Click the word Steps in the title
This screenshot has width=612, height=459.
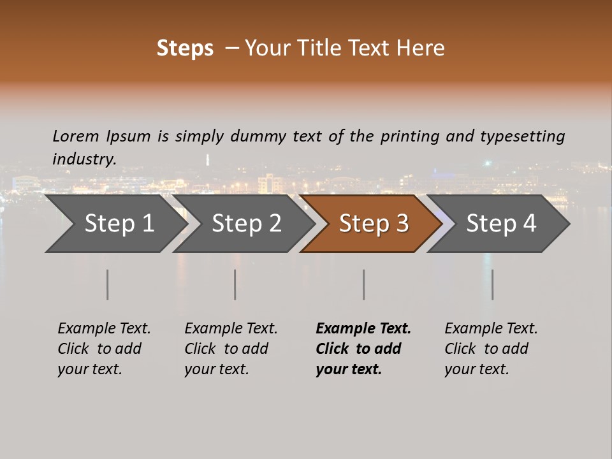pos(185,48)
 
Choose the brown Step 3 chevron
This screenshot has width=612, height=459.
pos(374,223)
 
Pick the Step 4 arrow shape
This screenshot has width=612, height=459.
pos(501,223)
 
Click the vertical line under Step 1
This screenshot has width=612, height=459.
pos(108,284)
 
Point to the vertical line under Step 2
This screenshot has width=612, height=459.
pos(235,284)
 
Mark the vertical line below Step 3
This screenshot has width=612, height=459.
pos(364,284)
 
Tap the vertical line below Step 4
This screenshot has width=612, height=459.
pos(493,284)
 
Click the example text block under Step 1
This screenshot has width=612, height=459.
pos(104,349)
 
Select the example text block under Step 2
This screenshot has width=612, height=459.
pos(231,349)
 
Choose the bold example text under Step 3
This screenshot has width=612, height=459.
pos(363,349)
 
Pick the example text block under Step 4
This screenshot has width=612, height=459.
pos(491,349)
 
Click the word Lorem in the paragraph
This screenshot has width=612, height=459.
pos(76,136)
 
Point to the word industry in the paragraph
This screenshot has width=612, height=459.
pos(84,159)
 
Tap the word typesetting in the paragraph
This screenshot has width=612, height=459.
pos(522,136)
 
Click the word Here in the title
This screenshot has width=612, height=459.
pos(423,48)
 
